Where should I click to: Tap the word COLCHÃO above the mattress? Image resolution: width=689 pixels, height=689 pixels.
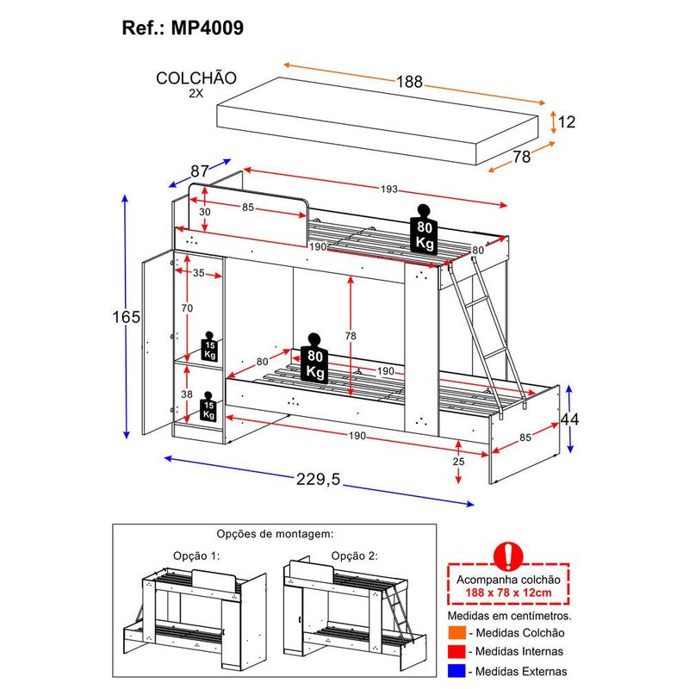[196, 78]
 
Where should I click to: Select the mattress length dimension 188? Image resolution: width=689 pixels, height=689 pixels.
[409, 82]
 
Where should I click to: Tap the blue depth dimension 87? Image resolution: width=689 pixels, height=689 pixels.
[199, 171]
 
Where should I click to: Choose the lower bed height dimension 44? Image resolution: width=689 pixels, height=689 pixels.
[568, 419]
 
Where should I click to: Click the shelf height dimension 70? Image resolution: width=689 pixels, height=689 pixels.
[187, 307]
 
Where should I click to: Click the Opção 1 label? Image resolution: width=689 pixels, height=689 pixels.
[196, 556]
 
